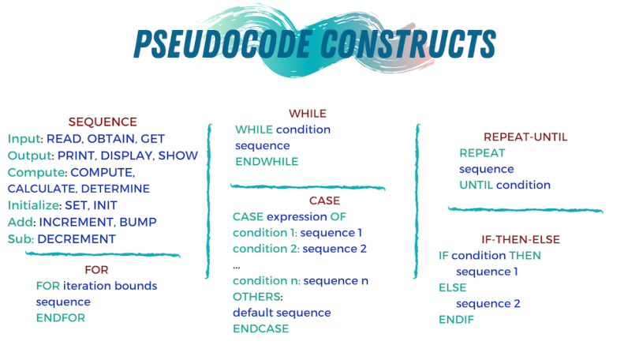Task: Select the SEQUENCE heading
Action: click(x=103, y=122)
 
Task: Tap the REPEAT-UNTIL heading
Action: click(x=525, y=137)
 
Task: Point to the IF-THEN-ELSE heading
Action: click(x=525, y=239)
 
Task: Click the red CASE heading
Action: click(x=324, y=201)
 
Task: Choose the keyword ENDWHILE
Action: click(x=267, y=161)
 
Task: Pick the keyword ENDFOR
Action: click(x=60, y=317)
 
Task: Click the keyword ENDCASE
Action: click(x=260, y=328)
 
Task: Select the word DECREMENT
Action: click(x=77, y=239)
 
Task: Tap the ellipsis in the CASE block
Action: click(x=237, y=266)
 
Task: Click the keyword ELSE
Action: click(x=452, y=287)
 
